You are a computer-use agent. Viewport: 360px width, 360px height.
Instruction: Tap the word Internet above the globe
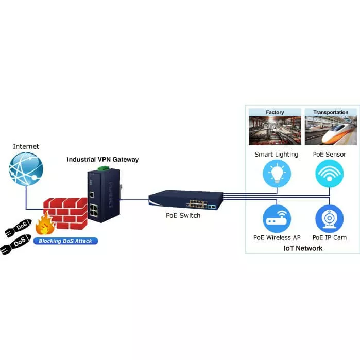tap(26, 147)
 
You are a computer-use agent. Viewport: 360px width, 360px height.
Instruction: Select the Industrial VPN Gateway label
tap(102, 160)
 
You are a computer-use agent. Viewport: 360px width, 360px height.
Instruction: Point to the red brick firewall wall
tap(64, 211)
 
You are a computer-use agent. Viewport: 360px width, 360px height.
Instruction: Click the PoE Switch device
tap(186, 199)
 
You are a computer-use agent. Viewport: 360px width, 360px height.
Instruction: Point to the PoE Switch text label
tap(183, 215)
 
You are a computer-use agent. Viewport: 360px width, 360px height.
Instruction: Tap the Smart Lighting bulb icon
tap(277, 174)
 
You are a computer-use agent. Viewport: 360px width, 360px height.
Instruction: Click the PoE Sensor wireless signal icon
tap(329, 174)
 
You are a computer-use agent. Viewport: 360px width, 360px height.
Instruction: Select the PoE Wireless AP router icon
tap(277, 218)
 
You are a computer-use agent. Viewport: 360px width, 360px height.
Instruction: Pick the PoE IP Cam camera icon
tap(329, 218)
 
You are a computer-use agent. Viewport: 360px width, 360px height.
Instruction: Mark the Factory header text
tap(275, 112)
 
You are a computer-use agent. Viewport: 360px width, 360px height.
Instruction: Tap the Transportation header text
tap(330, 112)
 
